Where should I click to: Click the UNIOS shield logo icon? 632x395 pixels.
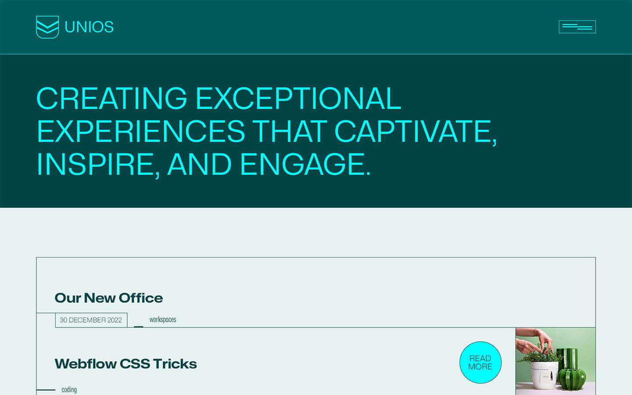coord(47,27)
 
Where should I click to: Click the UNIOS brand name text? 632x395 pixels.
coord(89,27)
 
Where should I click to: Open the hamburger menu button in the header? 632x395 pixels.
coord(577,27)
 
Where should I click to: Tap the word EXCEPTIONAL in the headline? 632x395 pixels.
coord(298,98)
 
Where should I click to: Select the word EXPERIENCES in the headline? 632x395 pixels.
coord(141,131)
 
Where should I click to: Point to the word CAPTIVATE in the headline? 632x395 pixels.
coord(415,132)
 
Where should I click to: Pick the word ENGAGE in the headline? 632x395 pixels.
coord(305,164)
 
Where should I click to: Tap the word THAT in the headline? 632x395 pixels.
coord(290,131)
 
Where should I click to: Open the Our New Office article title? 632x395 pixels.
coord(109,298)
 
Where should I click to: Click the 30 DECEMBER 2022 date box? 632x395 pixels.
coord(91,320)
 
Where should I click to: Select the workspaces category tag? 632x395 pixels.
coord(163,320)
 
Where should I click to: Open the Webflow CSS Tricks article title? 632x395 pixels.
coord(126,364)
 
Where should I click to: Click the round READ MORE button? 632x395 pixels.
coord(480,362)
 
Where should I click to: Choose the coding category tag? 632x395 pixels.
coord(69,390)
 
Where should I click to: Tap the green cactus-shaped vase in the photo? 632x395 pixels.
coord(572,370)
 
